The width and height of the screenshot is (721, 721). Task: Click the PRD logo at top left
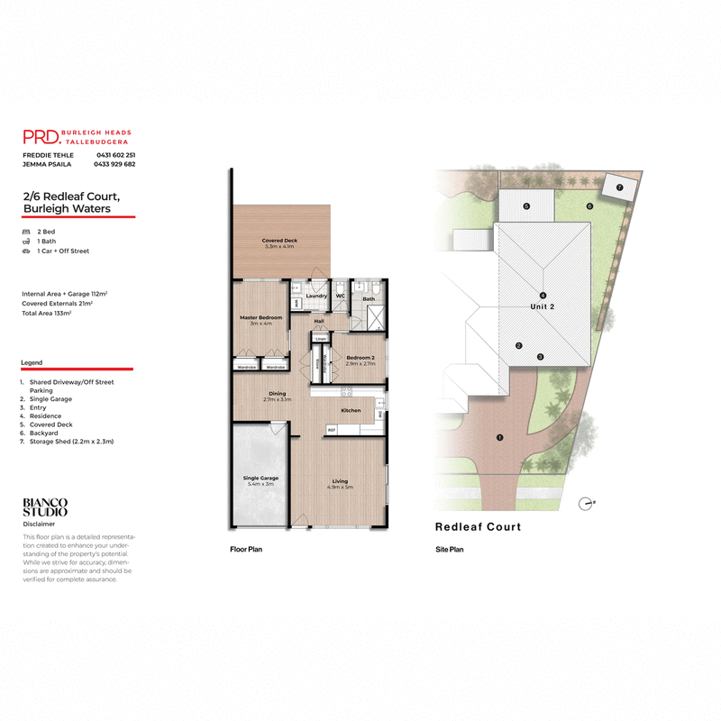click(41, 137)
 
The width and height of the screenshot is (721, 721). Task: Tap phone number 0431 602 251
click(115, 155)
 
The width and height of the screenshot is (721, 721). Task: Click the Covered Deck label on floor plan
click(279, 242)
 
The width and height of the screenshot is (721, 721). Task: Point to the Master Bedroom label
click(261, 317)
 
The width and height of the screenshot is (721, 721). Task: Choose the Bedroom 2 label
click(360, 358)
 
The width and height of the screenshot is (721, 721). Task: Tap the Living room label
click(340, 481)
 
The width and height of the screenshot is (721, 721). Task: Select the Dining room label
click(278, 394)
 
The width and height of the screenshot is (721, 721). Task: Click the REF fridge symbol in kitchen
click(332, 430)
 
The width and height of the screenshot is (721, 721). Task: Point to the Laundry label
click(315, 296)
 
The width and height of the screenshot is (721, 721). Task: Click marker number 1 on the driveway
click(499, 438)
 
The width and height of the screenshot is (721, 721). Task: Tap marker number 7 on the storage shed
click(619, 188)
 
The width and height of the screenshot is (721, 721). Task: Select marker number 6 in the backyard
click(589, 206)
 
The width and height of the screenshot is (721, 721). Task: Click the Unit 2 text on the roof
click(542, 307)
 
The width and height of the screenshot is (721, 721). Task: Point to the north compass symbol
click(588, 503)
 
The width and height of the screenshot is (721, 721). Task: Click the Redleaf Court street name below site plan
click(478, 527)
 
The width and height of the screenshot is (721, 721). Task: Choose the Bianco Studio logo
click(44, 507)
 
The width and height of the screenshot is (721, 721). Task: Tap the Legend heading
click(32, 362)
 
